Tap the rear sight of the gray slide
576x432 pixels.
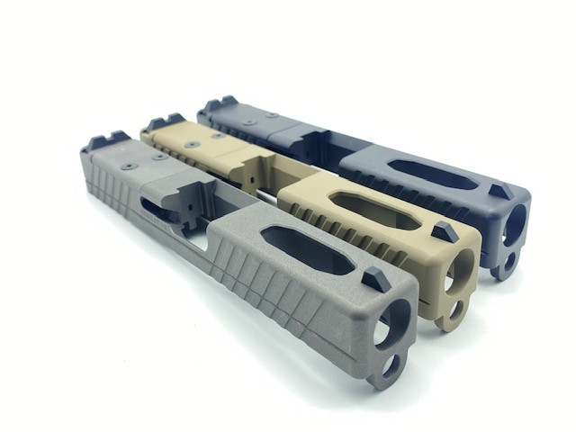point(106,141)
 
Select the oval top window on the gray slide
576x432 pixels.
point(307,249)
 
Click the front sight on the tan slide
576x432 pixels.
point(445,230)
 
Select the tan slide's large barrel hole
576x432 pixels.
point(462,267)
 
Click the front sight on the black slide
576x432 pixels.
point(499,192)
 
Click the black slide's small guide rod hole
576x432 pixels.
point(506,262)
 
